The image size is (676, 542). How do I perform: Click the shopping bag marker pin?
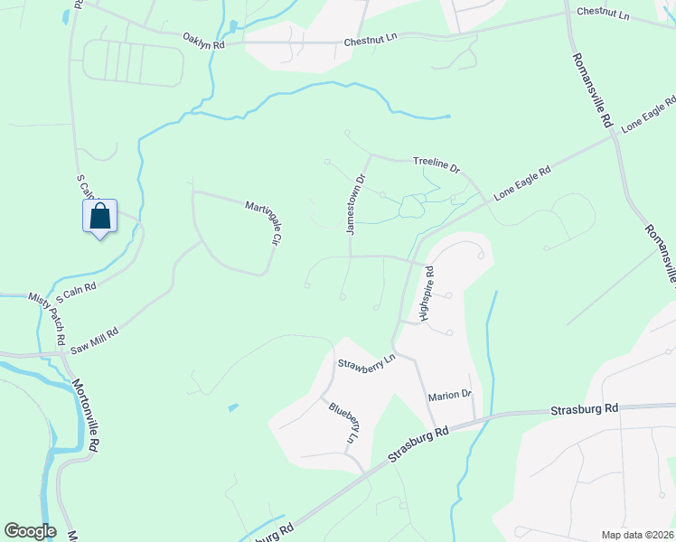[x=100, y=217]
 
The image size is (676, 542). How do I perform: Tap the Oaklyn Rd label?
[x=203, y=41]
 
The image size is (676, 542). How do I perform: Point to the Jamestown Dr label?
[x=354, y=205]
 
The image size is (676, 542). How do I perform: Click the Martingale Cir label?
[x=260, y=223]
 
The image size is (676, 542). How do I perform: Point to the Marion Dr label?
[x=450, y=395]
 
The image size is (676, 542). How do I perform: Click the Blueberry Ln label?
[x=344, y=423]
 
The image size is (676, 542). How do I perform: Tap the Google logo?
[x=30, y=531]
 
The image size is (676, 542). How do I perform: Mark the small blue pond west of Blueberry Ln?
[x=233, y=407]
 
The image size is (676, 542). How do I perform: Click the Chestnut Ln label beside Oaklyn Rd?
[x=371, y=42]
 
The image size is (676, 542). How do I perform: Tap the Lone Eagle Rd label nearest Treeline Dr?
[x=522, y=183]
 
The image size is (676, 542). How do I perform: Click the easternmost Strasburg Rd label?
[x=584, y=409]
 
